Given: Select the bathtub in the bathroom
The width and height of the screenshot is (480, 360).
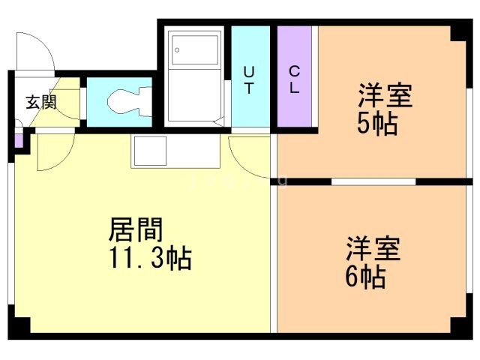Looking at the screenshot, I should (x=194, y=76).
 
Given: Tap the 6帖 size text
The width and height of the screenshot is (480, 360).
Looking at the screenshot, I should (x=366, y=278).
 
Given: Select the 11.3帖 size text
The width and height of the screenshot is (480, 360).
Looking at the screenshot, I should (x=149, y=259).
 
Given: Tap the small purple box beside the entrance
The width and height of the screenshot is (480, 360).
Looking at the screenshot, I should (x=19, y=140).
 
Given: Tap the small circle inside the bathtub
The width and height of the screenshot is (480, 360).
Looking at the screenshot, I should (x=177, y=50).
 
